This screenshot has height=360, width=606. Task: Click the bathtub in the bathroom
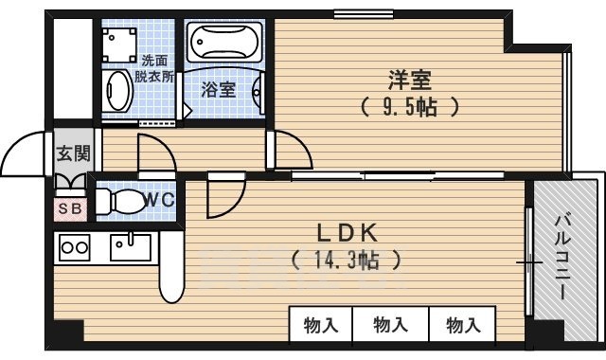(224, 42)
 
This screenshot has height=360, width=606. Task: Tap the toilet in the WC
(120, 202)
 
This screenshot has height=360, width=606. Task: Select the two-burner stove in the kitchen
(75, 247)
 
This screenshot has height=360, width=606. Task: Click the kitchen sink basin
(131, 247)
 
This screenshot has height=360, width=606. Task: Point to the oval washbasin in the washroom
(117, 91)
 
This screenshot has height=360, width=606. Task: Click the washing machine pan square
(119, 45)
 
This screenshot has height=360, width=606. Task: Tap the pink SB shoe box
(70, 209)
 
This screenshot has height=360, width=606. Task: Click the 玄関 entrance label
(73, 153)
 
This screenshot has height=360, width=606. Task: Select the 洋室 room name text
(409, 80)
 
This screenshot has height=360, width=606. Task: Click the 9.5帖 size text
(410, 107)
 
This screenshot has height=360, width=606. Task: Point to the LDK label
(347, 233)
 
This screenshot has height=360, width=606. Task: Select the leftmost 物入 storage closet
(321, 324)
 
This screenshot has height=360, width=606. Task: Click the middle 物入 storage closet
(390, 324)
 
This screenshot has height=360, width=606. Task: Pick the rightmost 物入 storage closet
(463, 324)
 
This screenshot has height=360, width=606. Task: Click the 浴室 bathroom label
(219, 90)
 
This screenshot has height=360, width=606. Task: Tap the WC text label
(159, 200)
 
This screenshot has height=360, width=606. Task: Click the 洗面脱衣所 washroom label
(154, 68)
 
